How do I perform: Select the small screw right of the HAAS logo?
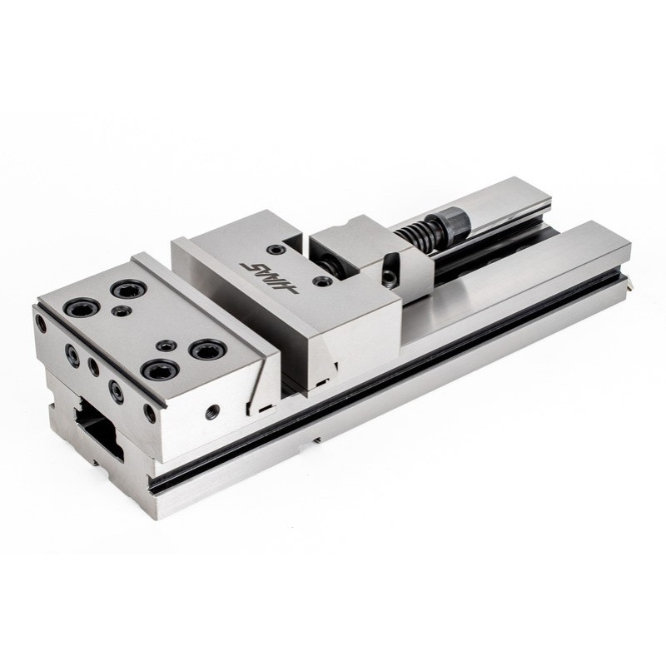click(x=321, y=283)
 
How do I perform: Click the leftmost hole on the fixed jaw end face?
click(x=37, y=321)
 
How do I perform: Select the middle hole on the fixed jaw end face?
click(x=92, y=365)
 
